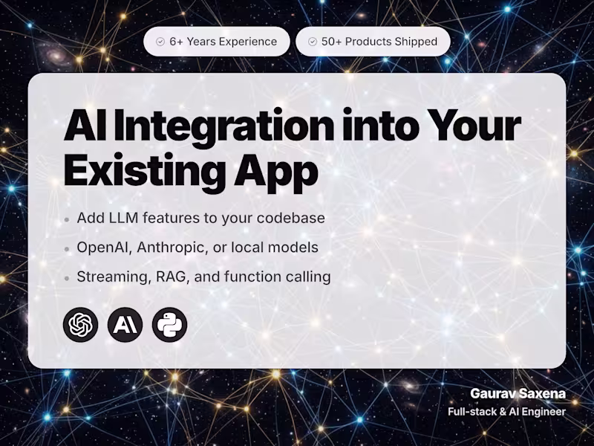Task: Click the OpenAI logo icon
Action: pos(81,325)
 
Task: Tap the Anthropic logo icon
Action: pos(125,325)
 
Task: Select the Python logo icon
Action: pos(169,325)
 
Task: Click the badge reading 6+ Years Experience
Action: pos(216,42)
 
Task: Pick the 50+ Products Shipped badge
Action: pos(373,42)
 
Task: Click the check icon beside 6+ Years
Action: pos(160,42)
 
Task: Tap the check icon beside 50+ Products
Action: pos(312,42)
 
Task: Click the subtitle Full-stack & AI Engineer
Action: pos(506,412)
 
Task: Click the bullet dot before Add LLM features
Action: pos(67,220)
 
